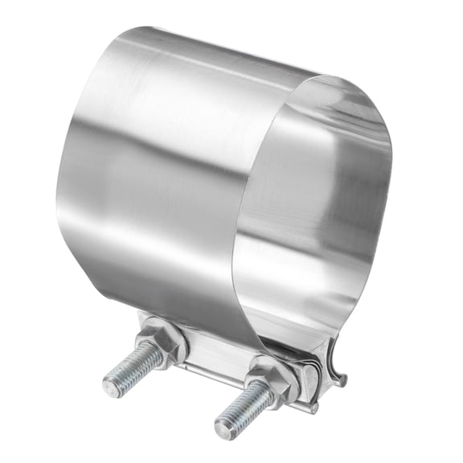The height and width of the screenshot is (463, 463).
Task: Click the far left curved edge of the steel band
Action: coord(59,177)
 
